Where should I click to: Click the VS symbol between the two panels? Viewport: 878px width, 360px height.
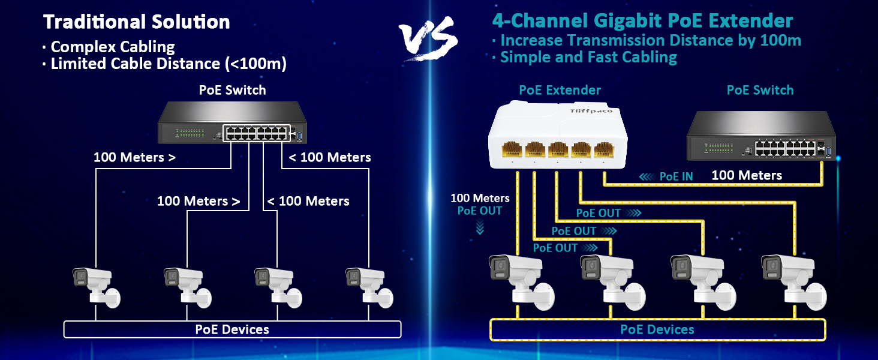(429, 40)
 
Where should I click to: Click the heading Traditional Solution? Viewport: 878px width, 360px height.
(137, 22)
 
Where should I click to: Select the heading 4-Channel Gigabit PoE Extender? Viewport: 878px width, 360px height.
(642, 21)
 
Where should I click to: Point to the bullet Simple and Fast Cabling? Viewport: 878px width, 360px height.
(588, 57)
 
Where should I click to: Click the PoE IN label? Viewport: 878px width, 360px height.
(676, 176)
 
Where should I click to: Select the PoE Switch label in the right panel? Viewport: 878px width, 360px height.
(760, 90)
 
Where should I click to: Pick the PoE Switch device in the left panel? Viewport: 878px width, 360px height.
(232, 124)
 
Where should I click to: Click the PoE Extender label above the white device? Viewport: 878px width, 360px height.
(560, 90)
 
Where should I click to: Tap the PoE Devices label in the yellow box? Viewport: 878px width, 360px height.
(657, 329)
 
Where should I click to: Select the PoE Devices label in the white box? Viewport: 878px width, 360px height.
(232, 329)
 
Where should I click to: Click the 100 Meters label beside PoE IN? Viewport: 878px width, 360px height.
(747, 176)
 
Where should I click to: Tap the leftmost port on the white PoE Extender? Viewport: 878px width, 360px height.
(512, 149)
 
